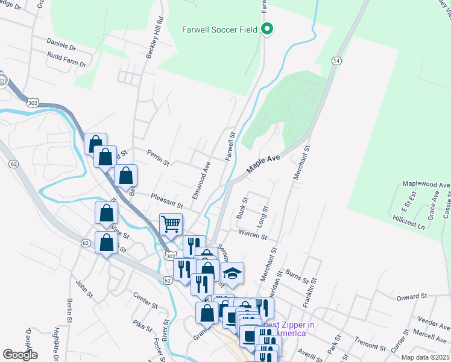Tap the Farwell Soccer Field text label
pos(220,29)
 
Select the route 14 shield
pos(336,62)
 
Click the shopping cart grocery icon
pos(171,224)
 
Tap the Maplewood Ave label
pos(426,185)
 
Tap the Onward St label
pos(412,296)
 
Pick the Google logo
pos(20,355)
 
